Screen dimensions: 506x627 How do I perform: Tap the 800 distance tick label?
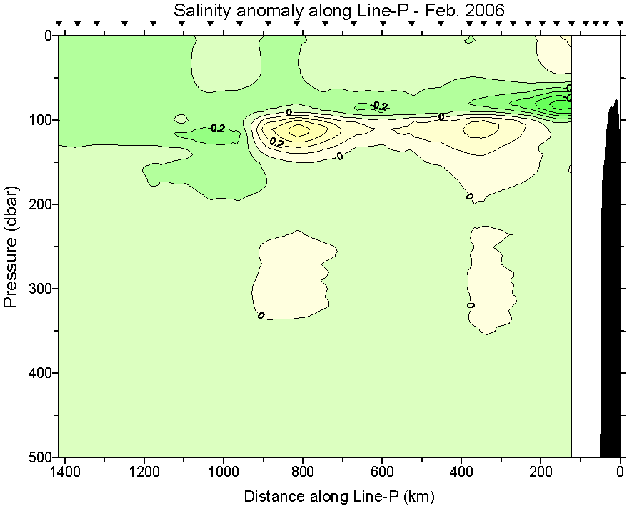(x=303, y=472)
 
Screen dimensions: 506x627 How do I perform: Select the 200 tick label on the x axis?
(x=541, y=472)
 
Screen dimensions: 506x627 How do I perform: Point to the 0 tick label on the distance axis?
(x=620, y=472)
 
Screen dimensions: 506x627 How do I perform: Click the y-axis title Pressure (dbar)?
(x=11, y=246)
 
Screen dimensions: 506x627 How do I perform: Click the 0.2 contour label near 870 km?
(x=276, y=142)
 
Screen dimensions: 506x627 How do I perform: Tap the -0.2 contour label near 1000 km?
(x=216, y=129)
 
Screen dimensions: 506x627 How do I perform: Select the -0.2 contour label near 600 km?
(x=380, y=106)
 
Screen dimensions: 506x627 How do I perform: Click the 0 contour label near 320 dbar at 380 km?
(x=471, y=305)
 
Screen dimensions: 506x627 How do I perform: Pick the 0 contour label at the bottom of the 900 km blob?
(x=261, y=315)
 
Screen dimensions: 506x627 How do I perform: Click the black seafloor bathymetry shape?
(x=611, y=286)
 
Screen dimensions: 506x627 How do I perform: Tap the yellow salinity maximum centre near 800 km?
(x=299, y=130)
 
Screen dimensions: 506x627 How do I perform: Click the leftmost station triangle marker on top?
(x=60, y=24)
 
